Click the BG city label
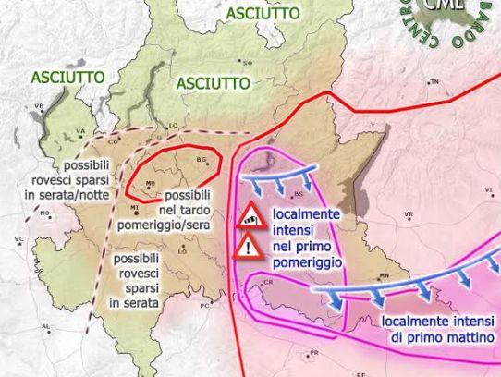point(202,159)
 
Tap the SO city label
point(248,62)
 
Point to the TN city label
point(435,82)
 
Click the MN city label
point(385,275)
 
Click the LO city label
point(182,250)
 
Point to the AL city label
point(45,326)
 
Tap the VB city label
point(39,106)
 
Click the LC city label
point(171,126)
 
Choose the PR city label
point(313,353)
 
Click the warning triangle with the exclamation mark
point(248,247)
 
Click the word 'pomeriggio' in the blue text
point(308,262)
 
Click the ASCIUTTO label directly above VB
point(62,78)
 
